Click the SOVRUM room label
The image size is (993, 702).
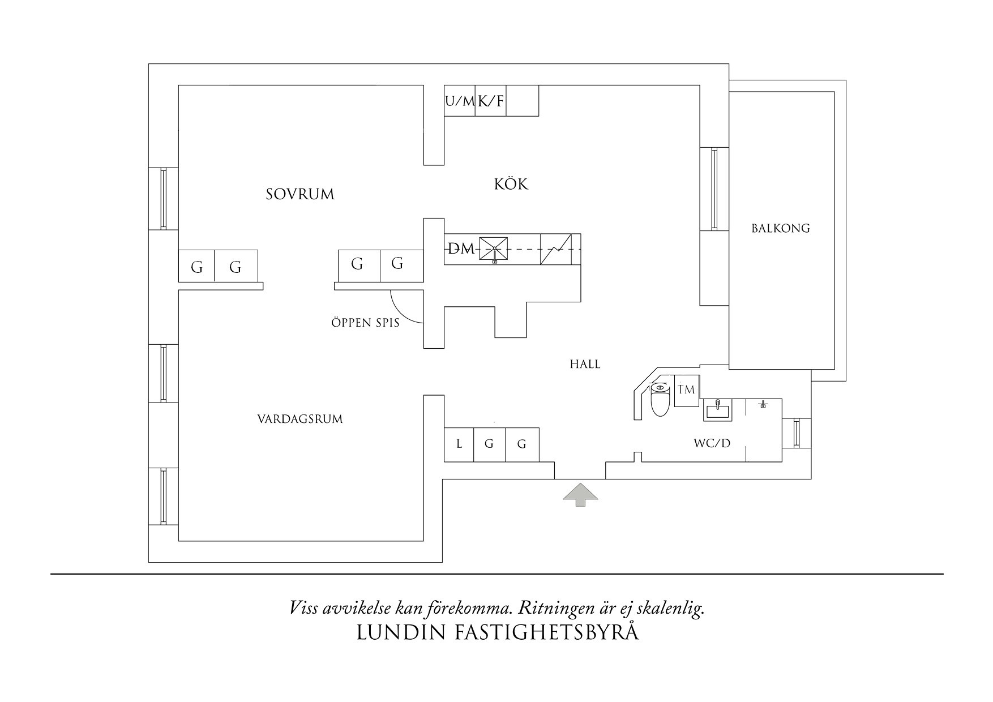[x=300, y=194]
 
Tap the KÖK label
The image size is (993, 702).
[x=511, y=184]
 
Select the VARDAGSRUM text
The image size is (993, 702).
[x=300, y=420]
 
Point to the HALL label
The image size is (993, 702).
[x=585, y=364]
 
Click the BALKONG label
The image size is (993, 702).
[x=781, y=228]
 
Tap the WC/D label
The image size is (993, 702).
[x=712, y=443]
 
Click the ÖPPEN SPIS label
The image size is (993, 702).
[x=365, y=323]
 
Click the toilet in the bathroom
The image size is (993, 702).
[x=660, y=400]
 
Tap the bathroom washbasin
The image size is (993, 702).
[x=717, y=409]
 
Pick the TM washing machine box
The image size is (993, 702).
[x=687, y=390]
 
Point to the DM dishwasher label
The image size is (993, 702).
[x=461, y=249]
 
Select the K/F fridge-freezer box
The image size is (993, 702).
[x=490, y=101]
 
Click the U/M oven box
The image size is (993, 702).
[x=459, y=101]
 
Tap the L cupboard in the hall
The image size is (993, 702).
[x=459, y=444]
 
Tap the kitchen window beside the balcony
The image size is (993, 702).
[x=714, y=189]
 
